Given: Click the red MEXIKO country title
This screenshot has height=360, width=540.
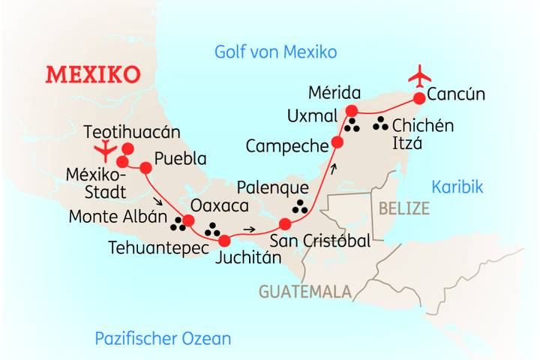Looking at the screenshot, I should tap(93, 75).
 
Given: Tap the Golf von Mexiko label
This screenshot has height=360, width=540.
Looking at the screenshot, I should tap(275, 52).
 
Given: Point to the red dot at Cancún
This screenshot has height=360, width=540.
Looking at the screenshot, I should tap(419, 98).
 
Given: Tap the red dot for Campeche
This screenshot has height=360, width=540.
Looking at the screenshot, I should tap(337, 142).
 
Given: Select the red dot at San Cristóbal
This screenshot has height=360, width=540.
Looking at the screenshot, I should tap(285, 223).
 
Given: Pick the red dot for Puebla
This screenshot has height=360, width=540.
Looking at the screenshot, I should tap(145, 167).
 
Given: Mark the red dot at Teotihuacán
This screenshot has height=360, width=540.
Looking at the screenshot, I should tap(128, 148).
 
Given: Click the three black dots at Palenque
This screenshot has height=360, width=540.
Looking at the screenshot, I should tap(300, 206).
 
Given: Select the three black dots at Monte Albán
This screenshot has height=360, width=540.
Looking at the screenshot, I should tap(178, 222).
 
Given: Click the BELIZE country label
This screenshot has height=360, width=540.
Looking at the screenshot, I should tap(404, 208).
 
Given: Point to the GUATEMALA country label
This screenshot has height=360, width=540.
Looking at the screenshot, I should tap(305, 291).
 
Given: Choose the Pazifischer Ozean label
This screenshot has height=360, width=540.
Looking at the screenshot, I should tap(163, 338).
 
